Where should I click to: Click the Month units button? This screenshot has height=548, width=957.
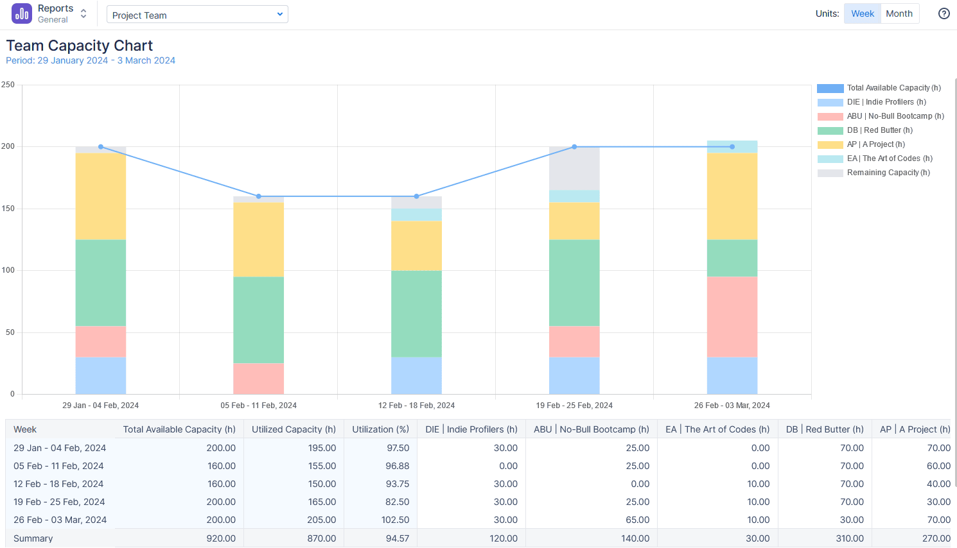pos(899,13)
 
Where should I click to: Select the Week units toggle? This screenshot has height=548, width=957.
pos(862,13)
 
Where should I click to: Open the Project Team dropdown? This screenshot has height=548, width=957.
pos(197,15)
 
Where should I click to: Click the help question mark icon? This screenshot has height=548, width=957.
pos(944,13)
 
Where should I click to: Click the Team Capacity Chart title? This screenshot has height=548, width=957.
pos(80,46)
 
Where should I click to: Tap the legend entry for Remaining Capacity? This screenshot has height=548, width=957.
pos(888,173)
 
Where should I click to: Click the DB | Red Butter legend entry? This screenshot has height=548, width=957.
pos(879,130)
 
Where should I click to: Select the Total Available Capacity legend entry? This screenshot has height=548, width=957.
pos(893,88)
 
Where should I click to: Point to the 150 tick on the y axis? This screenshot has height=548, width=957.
pos(8,209)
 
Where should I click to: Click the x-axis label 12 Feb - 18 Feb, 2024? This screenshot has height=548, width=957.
pos(416,406)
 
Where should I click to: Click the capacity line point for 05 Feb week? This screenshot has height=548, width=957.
pos(259,196)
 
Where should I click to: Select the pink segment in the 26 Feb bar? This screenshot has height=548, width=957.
pos(732,317)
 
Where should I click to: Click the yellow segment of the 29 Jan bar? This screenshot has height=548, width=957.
pos(101,196)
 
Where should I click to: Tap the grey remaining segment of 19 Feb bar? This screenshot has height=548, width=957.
pos(574,168)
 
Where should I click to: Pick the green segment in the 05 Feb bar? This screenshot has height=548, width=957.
pos(259,320)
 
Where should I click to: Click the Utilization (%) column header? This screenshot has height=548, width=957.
pos(380,429)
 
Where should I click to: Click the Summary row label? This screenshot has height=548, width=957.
pos(33,538)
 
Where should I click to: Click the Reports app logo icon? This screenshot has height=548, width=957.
pos(22,13)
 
